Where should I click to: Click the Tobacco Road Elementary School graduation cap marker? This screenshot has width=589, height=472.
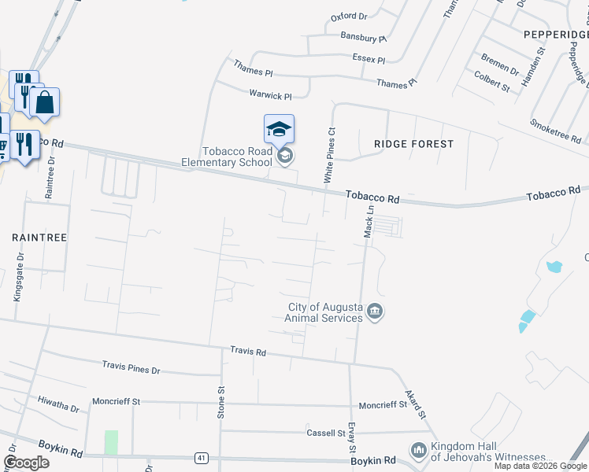[279, 128]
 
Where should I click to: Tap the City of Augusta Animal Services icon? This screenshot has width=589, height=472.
[376, 312]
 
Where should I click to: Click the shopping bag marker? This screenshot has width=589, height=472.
[44, 102]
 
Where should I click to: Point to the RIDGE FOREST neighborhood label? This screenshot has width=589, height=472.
[413, 144]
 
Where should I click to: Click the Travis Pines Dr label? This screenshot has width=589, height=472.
[131, 367]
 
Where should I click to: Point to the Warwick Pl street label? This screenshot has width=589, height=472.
[270, 95]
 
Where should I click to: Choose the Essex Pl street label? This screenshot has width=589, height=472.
[369, 60]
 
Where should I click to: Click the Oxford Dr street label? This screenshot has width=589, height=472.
[349, 16]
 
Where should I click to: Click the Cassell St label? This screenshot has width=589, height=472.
[326, 433]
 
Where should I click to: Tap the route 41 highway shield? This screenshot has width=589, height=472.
[202, 457]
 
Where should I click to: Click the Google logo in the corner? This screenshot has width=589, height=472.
[27, 463]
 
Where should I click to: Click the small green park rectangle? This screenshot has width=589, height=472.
[111, 442]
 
